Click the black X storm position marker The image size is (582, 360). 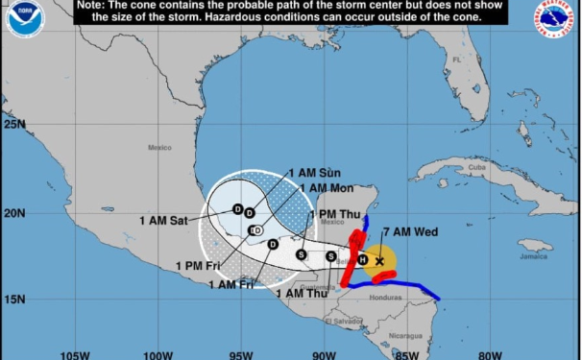pyautogui.click(x=379, y=260)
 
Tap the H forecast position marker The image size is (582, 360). pyautogui.click(x=362, y=258)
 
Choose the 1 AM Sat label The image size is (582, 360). pyautogui.click(x=163, y=220)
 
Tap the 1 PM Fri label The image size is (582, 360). pyautogui.click(x=197, y=266)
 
